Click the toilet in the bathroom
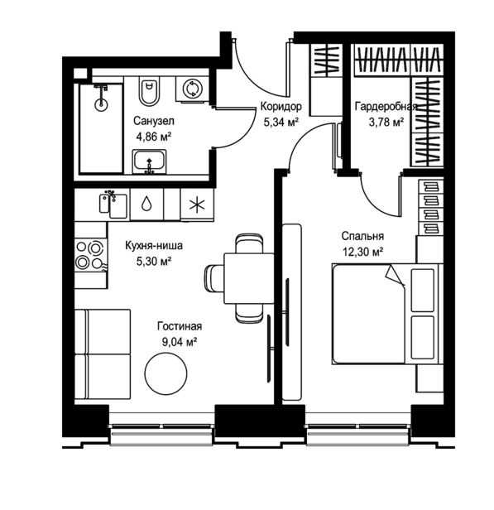pos(150,91)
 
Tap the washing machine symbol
pos(192,89)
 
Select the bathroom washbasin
pos(149,161)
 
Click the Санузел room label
pos(154,121)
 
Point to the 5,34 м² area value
pos(281,123)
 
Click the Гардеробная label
pos(386,106)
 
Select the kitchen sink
pos(113,205)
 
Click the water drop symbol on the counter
pos(146,204)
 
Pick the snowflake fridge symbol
pos(197,205)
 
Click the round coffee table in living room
pos(165,373)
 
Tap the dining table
pos(249,278)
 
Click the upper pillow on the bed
pos(423,290)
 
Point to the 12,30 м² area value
pos(362,252)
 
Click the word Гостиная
pos(180,326)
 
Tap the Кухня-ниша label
pos(154,246)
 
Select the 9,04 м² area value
pos(180,342)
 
